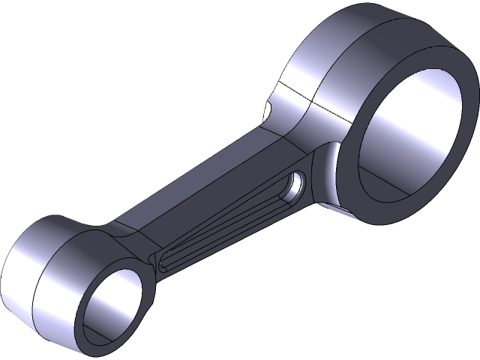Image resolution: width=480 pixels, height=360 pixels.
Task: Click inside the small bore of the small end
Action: point(112,300)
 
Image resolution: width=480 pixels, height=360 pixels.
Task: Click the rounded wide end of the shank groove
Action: point(297,184)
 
